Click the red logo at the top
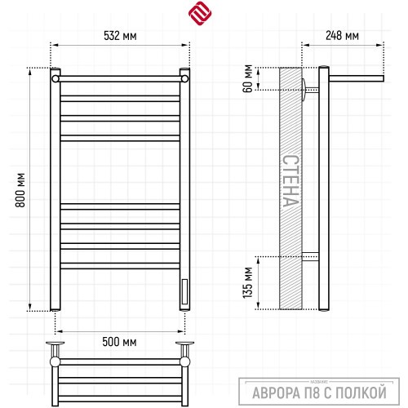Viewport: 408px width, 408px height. (x=200, y=13)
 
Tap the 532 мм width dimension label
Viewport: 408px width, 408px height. (x=120, y=36)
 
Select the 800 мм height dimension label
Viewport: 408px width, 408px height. (x=20, y=190)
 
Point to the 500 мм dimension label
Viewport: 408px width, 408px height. (x=119, y=342)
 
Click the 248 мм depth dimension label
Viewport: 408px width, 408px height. (x=342, y=36)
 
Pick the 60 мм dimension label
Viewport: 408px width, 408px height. (x=247, y=78)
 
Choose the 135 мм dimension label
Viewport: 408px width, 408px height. (x=247, y=282)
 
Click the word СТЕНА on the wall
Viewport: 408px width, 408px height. (x=290, y=181)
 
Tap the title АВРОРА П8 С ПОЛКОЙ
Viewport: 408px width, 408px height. (x=319, y=392)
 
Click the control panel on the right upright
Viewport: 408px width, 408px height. (x=184, y=292)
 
